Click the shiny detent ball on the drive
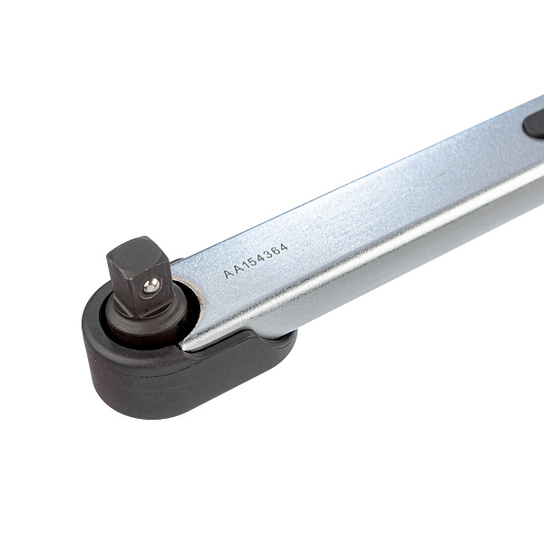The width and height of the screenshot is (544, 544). pyautogui.click(x=151, y=286)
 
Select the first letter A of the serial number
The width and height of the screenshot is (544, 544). pyautogui.click(x=229, y=274)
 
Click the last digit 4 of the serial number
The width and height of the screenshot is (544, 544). pyautogui.click(x=284, y=248)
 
